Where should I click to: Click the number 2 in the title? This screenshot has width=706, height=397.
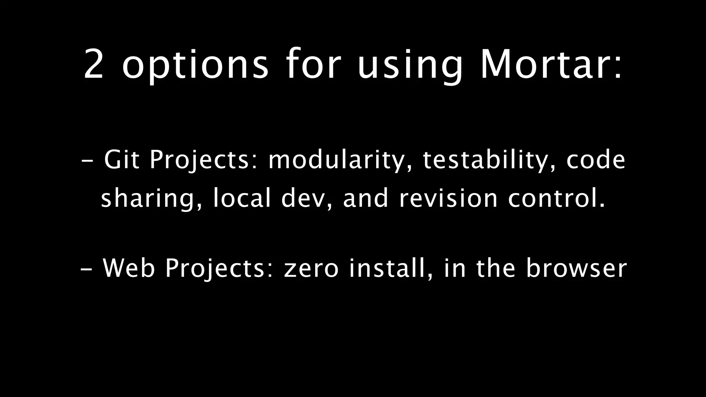pos(94,64)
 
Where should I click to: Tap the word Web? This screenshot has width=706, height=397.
pos(129,268)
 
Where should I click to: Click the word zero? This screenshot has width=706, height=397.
pos(311,268)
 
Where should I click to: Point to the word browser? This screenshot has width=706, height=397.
pos(576,268)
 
